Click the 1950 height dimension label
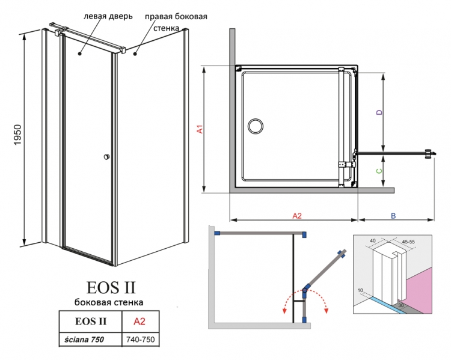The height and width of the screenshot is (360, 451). point(17,135)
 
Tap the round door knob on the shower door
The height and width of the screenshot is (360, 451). point(107,157)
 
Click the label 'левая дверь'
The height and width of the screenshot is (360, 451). point(108,16)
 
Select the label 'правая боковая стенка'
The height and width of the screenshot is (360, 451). point(176,22)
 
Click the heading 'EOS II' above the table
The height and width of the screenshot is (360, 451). point(111,287)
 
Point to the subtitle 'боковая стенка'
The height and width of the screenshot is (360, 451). point(109,302)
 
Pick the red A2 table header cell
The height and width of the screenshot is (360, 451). point(140,321)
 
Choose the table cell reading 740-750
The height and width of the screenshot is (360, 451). point(140,340)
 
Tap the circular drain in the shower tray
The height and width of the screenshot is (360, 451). point(256,126)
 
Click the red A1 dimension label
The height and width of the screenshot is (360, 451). point(200,129)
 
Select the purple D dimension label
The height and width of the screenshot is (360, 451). point(379,112)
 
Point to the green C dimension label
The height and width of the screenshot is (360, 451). point(379,171)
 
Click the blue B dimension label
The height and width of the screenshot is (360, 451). point(393,216)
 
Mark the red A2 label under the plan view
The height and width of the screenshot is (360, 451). point(297,216)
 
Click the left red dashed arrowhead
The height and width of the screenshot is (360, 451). point(284,310)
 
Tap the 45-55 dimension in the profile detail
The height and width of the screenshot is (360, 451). point(408,242)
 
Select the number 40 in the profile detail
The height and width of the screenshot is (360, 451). point(372,240)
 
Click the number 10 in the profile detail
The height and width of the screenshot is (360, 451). point(360,290)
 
